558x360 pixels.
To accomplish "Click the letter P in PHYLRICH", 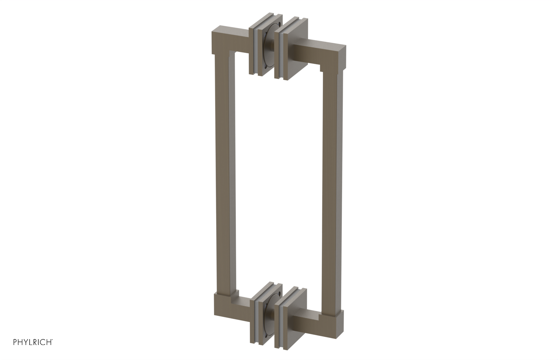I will tap(15, 342).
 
